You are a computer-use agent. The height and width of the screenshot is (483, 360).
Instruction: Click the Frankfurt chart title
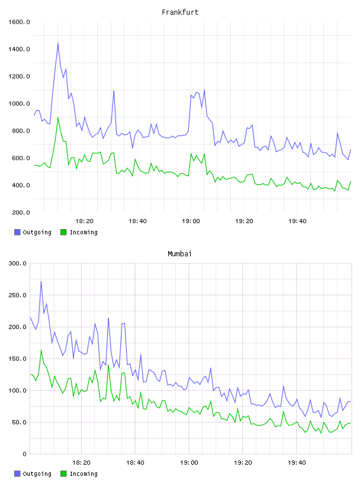(x=180, y=12)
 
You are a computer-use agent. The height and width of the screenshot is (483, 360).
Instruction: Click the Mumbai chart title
(x=179, y=253)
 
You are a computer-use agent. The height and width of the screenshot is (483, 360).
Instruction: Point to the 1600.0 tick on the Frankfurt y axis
(x=19, y=22)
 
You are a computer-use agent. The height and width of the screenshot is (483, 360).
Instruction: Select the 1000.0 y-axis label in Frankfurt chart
(x=19, y=104)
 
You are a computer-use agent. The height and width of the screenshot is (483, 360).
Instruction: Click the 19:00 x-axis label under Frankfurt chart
(x=191, y=221)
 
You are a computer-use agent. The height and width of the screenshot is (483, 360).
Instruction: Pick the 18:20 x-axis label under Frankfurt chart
(x=84, y=221)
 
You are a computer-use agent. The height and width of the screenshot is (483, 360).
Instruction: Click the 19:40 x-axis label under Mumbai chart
(x=297, y=462)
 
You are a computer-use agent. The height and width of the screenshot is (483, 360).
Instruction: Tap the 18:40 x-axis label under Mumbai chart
(x=135, y=462)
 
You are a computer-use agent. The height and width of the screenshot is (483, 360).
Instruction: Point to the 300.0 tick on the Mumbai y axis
(x=17, y=263)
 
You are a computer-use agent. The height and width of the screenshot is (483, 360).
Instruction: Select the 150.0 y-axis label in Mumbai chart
(x=17, y=359)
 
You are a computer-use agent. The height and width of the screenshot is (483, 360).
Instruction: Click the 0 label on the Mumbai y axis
(x=25, y=454)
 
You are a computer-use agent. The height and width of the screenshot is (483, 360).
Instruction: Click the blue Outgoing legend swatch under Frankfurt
(x=17, y=232)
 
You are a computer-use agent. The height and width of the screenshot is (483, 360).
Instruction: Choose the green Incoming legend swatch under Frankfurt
(x=63, y=232)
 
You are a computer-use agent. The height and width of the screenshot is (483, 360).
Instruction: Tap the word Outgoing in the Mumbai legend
(x=37, y=474)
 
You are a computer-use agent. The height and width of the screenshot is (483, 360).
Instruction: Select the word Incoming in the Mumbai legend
(x=83, y=474)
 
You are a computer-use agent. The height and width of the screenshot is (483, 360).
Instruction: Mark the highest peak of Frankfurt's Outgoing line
(x=57, y=43)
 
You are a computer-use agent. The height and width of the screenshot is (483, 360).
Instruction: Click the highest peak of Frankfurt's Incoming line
(x=57, y=118)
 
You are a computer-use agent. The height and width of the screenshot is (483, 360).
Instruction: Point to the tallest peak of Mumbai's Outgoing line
(x=41, y=282)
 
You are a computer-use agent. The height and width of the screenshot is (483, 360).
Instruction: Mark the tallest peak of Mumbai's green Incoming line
(x=41, y=350)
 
